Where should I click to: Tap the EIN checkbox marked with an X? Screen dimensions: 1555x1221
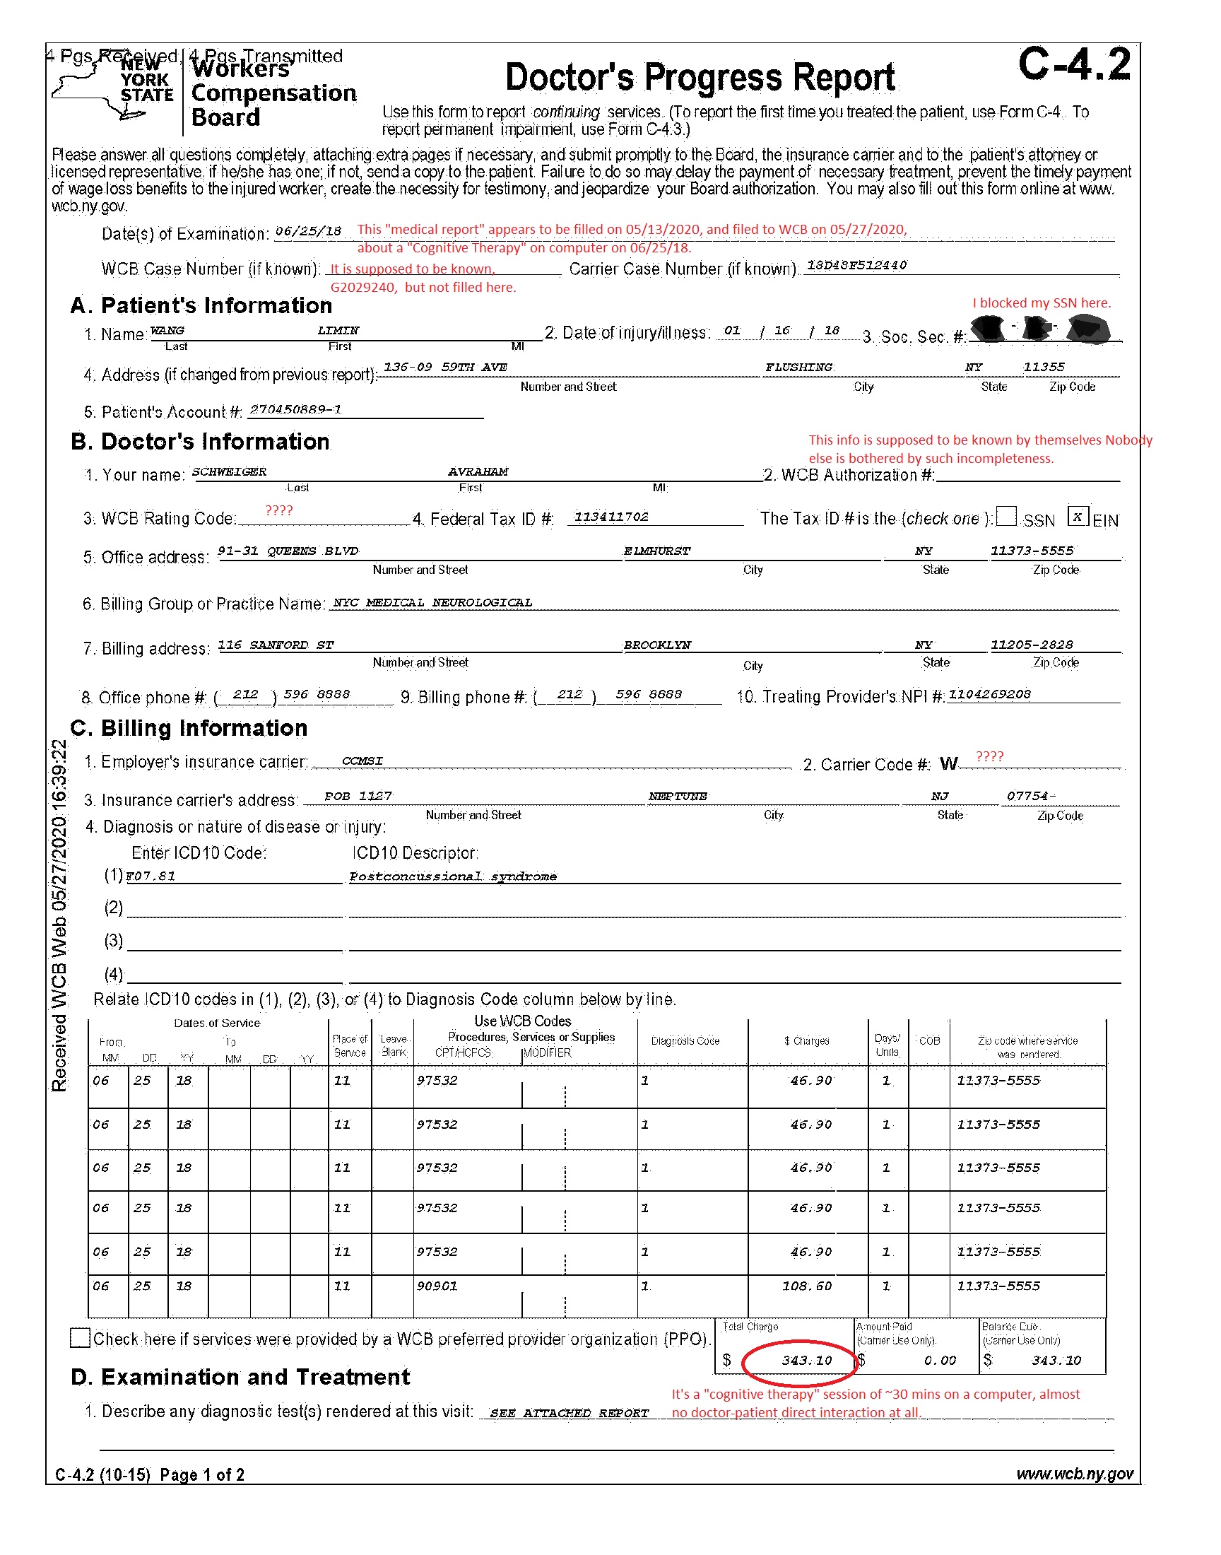coord(1078,516)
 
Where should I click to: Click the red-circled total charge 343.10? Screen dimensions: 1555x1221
coord(806,1360)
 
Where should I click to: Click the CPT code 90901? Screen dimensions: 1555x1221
coord(437,1286)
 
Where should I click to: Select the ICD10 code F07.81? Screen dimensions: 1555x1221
coord(151,876)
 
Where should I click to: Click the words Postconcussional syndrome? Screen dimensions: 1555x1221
coord(452,876)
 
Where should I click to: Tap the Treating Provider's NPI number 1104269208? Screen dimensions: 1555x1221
coord(989,694)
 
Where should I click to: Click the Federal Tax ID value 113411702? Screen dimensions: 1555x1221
coord(611,517)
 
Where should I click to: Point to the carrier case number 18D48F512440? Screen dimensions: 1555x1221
coord(856,265)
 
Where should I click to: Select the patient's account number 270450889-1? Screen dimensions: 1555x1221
coord(295,410)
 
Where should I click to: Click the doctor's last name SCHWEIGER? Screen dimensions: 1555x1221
coord(229,472)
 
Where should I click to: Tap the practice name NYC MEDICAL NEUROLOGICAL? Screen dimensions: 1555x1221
coord(432,603)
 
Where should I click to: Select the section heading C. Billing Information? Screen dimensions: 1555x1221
coord(189,728)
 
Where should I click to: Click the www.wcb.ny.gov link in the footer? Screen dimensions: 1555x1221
coord(1075,1474)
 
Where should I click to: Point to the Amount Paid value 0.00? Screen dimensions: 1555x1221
coord(939,1361)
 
